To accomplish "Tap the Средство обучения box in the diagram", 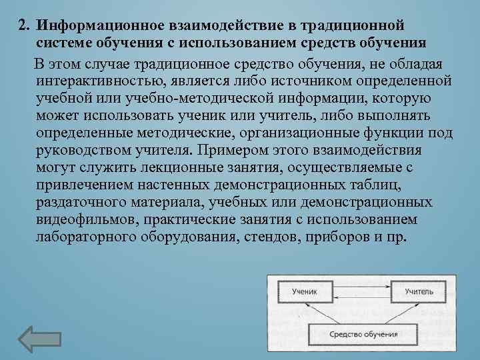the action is click(363, 333).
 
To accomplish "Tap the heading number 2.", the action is click(25, 25).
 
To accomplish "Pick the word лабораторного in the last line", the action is click(87, 237).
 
